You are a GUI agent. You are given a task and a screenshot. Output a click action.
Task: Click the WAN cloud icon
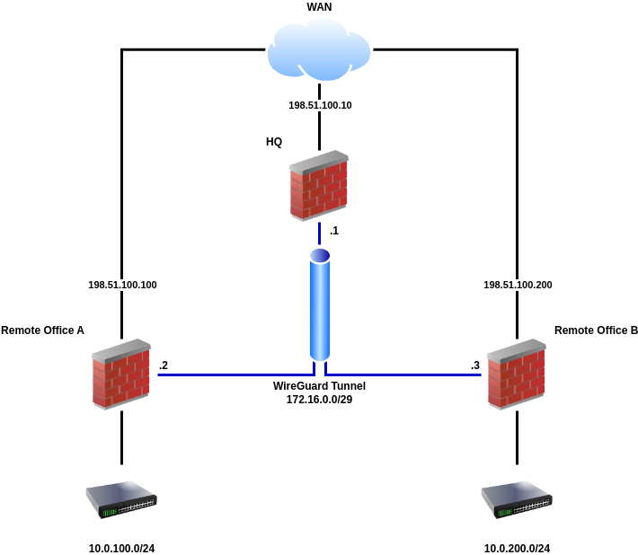pos(319,50)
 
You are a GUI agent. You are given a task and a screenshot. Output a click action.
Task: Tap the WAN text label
pos(319,7)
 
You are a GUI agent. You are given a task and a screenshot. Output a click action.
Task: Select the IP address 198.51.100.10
pos(320,105)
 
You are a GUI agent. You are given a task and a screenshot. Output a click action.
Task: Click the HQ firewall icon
pos(319,186)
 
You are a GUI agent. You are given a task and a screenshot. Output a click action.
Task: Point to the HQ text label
pos(274,142)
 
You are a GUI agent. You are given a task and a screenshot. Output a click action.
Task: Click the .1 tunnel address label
pos(334,231)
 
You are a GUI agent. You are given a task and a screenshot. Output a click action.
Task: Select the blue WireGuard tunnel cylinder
pos(319,305)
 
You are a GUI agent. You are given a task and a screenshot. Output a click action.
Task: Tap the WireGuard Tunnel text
pos(319,385)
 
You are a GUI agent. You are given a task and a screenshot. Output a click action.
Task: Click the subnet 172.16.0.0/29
pos(319,399)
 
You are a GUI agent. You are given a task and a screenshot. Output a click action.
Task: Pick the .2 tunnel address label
pos(164,366)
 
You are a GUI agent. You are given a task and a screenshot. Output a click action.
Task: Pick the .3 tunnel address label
pos(475,366)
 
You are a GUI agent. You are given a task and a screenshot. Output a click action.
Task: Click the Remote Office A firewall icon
pos(121,374)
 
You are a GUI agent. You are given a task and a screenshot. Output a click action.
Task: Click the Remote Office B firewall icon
pos(517,374)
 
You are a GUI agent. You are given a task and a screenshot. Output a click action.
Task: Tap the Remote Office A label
pos(42,330)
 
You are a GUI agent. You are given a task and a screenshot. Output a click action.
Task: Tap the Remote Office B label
pos(596,330)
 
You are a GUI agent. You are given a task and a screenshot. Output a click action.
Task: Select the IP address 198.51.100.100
pos(122,285)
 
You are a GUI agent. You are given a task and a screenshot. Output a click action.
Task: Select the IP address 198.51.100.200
pos(518,285)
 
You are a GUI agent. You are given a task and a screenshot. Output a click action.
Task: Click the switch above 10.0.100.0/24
pos(121,499)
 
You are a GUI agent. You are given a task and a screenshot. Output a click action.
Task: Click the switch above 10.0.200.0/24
pos(517,499)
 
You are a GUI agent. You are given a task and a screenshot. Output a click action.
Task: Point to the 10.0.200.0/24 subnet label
pos(517,549)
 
